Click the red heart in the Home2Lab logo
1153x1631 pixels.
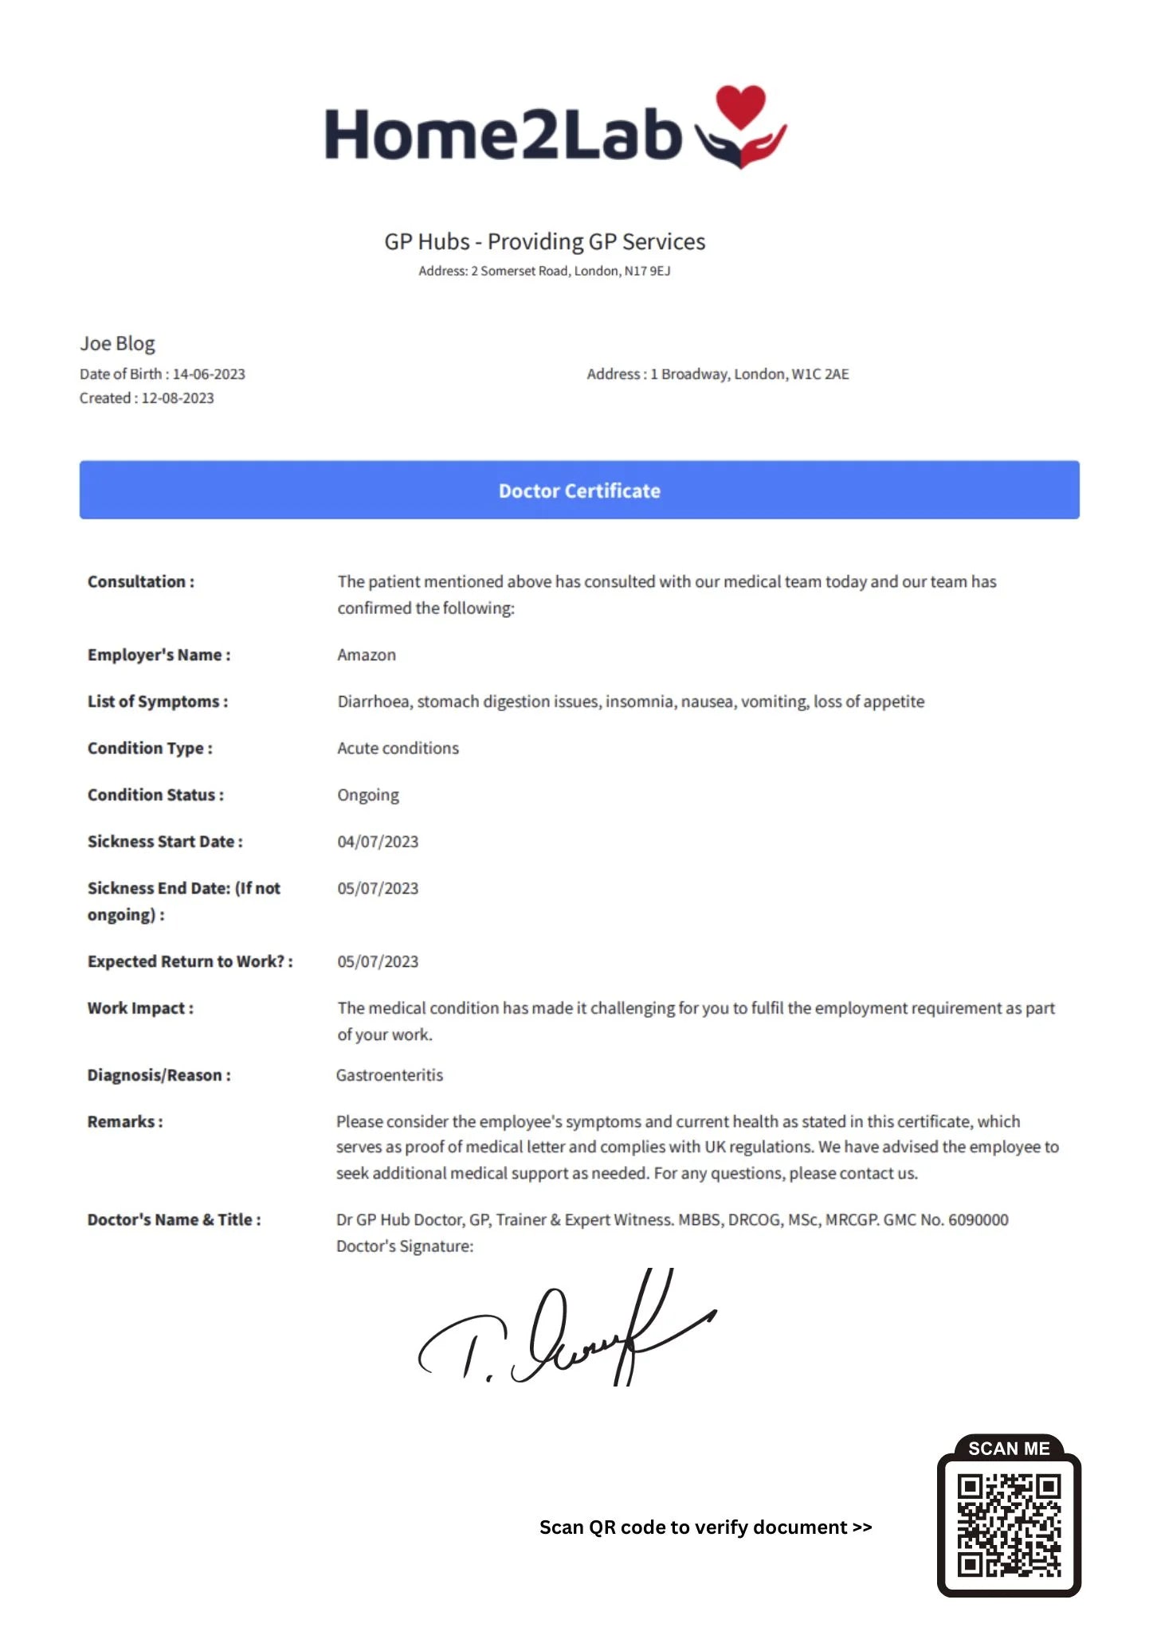tap(740, 106)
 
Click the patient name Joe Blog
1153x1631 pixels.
tap(117, 343)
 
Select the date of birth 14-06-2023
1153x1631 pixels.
tap(209, 374)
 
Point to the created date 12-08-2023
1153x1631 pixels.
tap(178, 398)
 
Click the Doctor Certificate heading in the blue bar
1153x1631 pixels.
tap(579, 491)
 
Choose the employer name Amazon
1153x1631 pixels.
tap(367, 655)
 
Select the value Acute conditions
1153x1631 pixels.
tap(398, 749)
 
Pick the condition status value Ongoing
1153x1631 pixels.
tap(368, 795)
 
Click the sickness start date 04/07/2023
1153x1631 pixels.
tap(378, 842)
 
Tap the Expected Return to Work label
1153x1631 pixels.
tap(190, 961)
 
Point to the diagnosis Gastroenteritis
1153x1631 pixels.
tap(390, 1075)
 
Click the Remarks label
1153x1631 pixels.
tap(125, 1121)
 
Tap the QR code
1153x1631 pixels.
tap(1009, 1525)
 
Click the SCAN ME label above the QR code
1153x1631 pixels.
tap(1009, 1449)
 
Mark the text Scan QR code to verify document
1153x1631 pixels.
tap(705, 1527)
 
